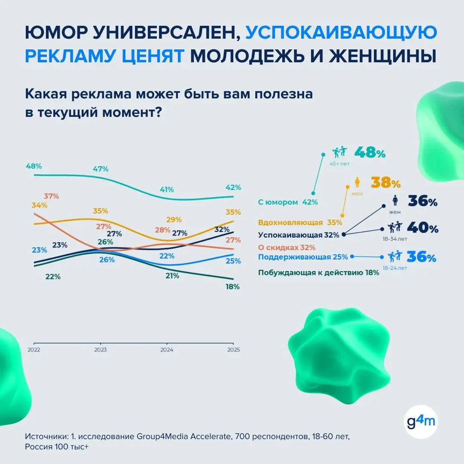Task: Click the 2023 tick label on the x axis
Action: [100, 350]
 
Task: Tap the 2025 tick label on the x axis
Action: [233, 350]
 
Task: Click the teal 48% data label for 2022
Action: [34, 166]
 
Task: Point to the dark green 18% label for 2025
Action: [232, 287]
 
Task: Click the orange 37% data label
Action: [51, 196]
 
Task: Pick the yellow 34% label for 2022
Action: [39, 205]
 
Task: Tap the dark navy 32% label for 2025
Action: [221, 229]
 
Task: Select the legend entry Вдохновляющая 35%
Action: [300, 223]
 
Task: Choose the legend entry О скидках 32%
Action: [287, 247]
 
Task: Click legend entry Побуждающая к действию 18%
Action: [318, 272]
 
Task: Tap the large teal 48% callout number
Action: [369, 153]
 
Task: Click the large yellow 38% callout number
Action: [385, 183]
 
